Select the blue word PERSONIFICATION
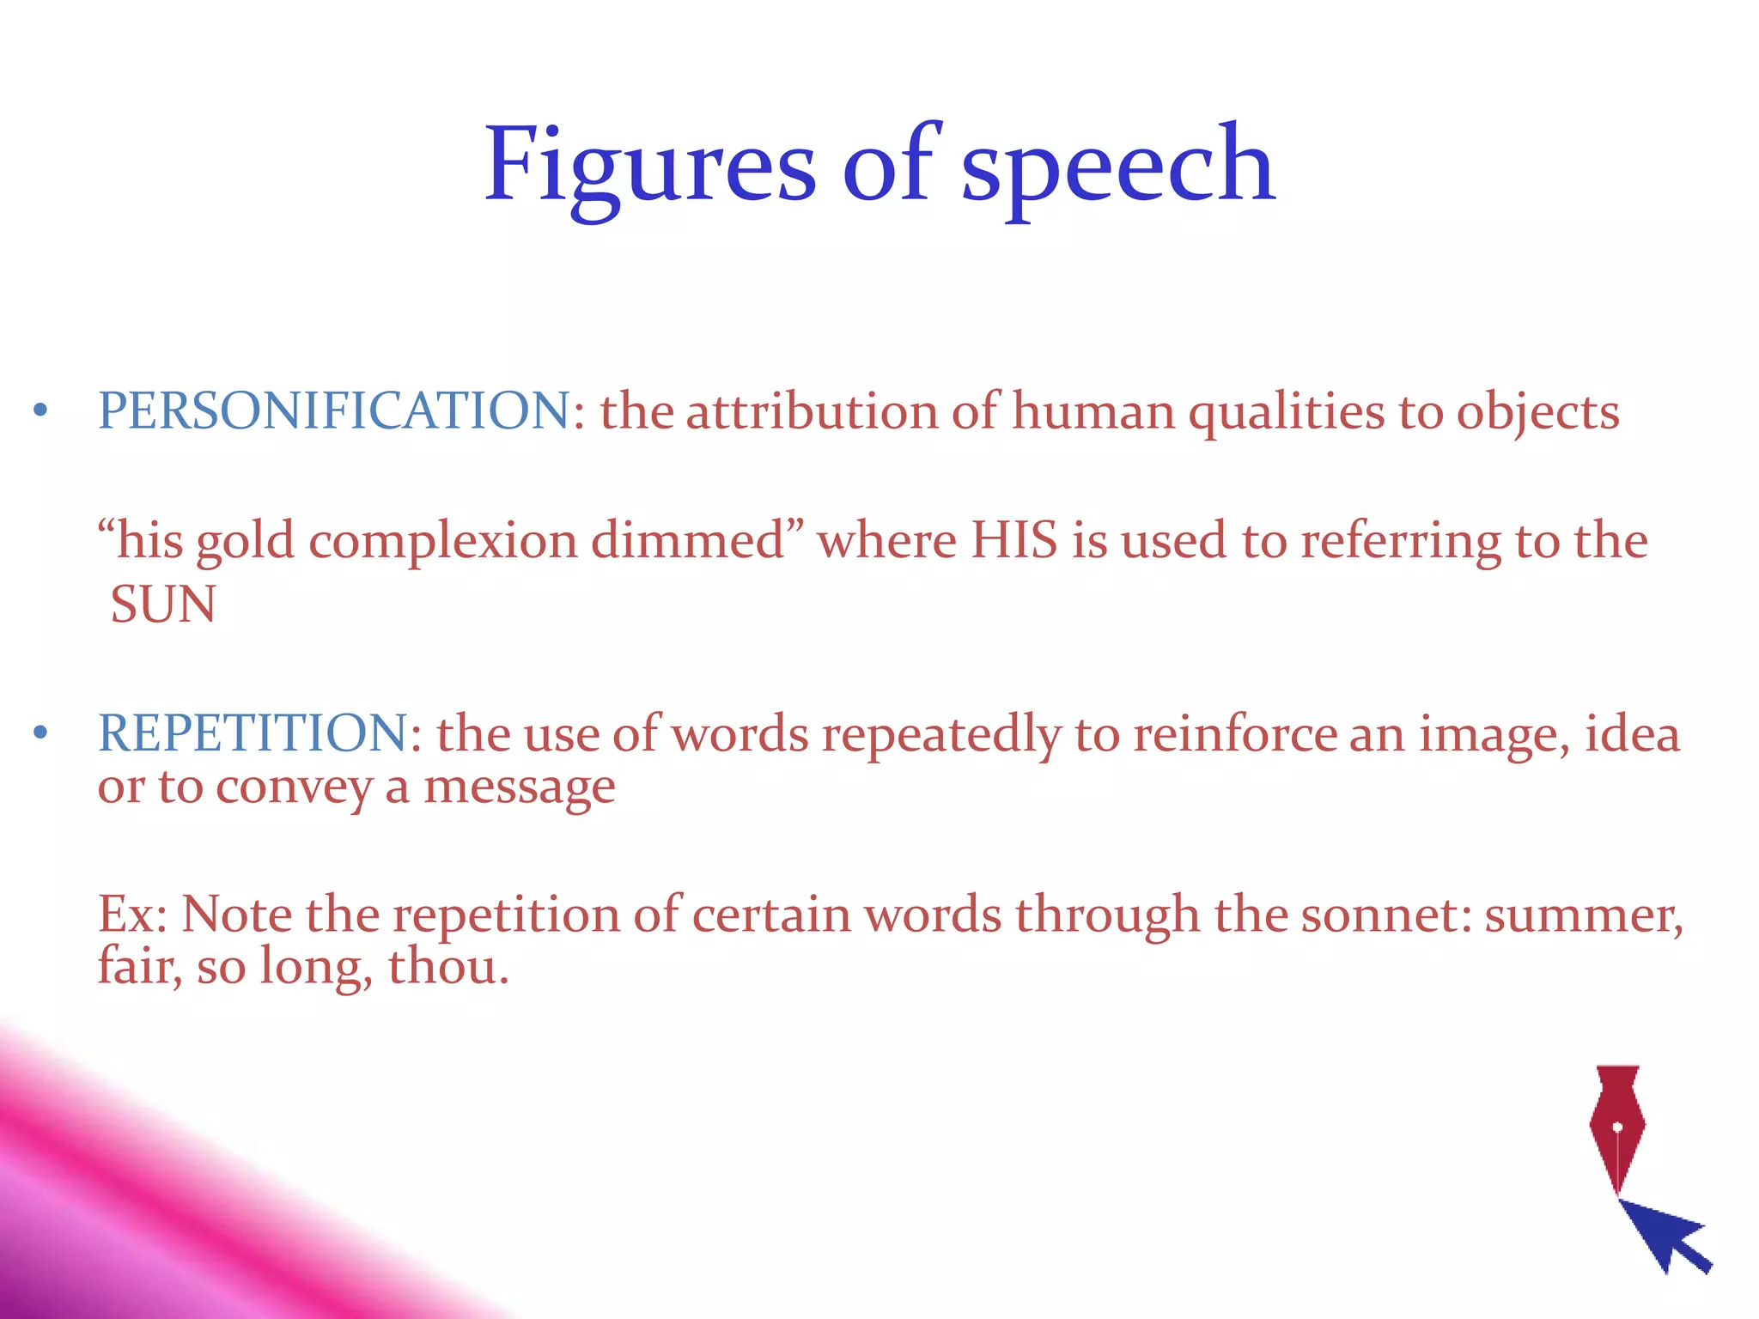coord(334,410)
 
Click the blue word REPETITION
coord(253,733)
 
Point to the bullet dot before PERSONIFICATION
coord(40,411)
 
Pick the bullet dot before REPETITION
coord(40,734)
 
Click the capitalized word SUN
coord(163,605)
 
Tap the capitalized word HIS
coord(1013,541)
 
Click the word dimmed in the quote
coord(687,541)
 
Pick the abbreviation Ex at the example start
coord(127,915)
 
